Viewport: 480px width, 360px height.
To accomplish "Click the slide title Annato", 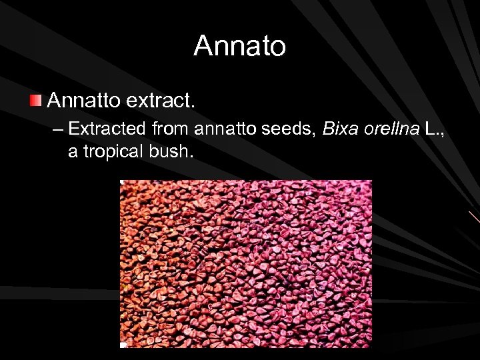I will (x=240, y=46).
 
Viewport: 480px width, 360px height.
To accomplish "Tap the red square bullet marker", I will (x=35, y=101).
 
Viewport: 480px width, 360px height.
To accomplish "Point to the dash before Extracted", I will (x=57, y=129).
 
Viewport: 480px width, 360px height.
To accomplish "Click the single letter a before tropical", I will (x=73, y=152).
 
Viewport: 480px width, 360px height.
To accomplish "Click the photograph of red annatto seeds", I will (x=245, y=264).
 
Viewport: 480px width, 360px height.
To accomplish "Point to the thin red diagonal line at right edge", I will (x=474, y=217).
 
